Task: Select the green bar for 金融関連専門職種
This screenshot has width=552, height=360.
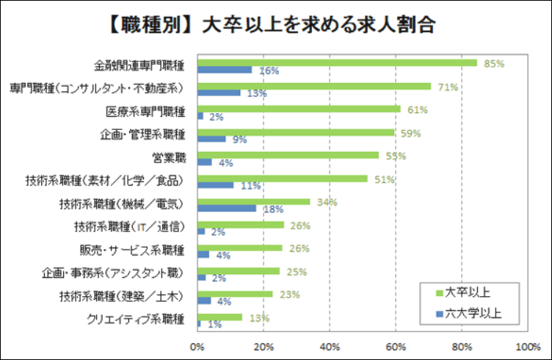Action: coord(337,62)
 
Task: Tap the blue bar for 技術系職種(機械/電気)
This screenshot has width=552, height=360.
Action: coord(227,208)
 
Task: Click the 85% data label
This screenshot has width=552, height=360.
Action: coord(494,63)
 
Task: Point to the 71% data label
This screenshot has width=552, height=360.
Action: coord(448,87)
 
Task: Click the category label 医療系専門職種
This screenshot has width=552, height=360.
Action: coord(145,111)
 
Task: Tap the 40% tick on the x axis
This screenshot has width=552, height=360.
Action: coord(330,345)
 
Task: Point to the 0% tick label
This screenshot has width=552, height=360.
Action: coord(197,345)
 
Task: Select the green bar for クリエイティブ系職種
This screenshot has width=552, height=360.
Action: coord(219,317)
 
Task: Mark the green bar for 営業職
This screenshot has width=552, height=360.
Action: coord(288,155)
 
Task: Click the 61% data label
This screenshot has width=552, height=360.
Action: coord(417,110)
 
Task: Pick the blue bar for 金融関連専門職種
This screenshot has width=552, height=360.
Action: coord(225,70)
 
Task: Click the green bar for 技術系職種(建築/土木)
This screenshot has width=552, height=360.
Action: coord(235,294)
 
